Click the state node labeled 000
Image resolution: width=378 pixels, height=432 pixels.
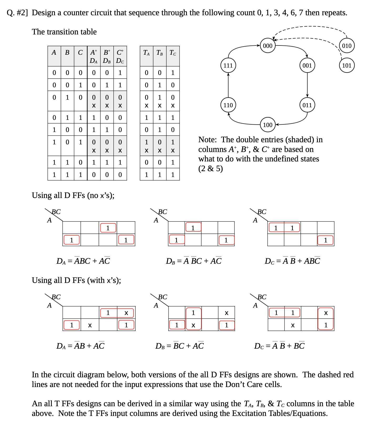[x=268, y=46]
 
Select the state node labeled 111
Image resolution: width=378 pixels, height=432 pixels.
[x=228, y=65]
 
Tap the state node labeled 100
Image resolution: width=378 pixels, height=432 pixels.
[x=268, y=125]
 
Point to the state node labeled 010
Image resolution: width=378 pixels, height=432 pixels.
[x=347, y=46]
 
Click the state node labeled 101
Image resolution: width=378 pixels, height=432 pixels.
[x=347, y=65]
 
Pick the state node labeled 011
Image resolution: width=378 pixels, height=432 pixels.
[x=307, y=105]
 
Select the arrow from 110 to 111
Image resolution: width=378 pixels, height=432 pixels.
[x=228, y=85]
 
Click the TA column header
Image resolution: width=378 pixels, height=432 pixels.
[x=146, y=53]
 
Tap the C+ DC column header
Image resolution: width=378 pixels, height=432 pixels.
[x=120, y=56]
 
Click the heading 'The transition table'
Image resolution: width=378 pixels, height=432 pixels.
[x=64, y=32]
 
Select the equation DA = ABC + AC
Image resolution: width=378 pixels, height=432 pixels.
[x=83, y=261]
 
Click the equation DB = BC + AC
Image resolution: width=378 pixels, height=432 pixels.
[x=180, y=346]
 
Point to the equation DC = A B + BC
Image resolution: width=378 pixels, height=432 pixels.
[x=279, y=346]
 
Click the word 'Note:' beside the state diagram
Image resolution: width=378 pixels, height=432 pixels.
[x=207, y=140]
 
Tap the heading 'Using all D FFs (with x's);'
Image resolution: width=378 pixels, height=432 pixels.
[x=76, y=280]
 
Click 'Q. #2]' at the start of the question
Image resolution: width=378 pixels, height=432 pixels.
[x=17, y=13]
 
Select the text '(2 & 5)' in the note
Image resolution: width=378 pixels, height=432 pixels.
[x=211, y=169]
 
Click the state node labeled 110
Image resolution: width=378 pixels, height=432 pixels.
[x=228, y=105]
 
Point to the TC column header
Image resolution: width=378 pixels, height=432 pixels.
[x=173, y=53]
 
